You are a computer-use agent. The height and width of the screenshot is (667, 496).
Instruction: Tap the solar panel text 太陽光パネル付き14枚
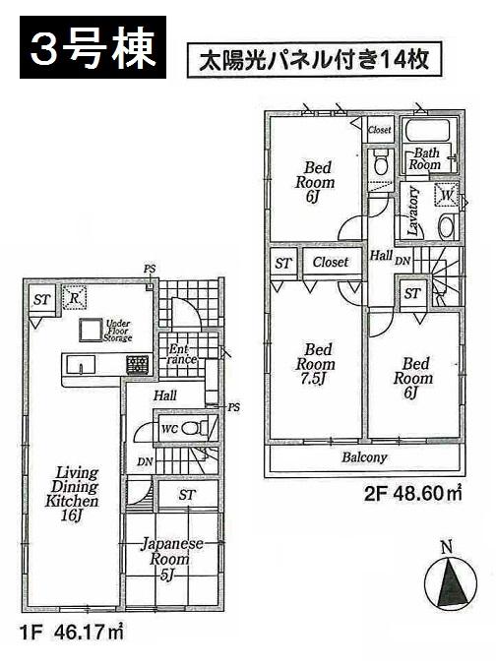pyautogui.click(x=314, y=59)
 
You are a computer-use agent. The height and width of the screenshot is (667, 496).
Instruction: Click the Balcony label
pyautogui.click(x=364, y=457)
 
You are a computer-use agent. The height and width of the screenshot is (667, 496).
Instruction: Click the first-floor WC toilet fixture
pyautogui.click(x=198, y=427)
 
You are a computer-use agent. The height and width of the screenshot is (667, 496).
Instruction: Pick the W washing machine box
pyautogui.click(x=447, y=196)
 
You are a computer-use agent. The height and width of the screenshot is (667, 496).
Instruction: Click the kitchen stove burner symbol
pyautogui.click(x=136, y=365)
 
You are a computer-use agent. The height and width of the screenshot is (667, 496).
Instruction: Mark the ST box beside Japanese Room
pyautogui.click(x=185, y=495)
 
